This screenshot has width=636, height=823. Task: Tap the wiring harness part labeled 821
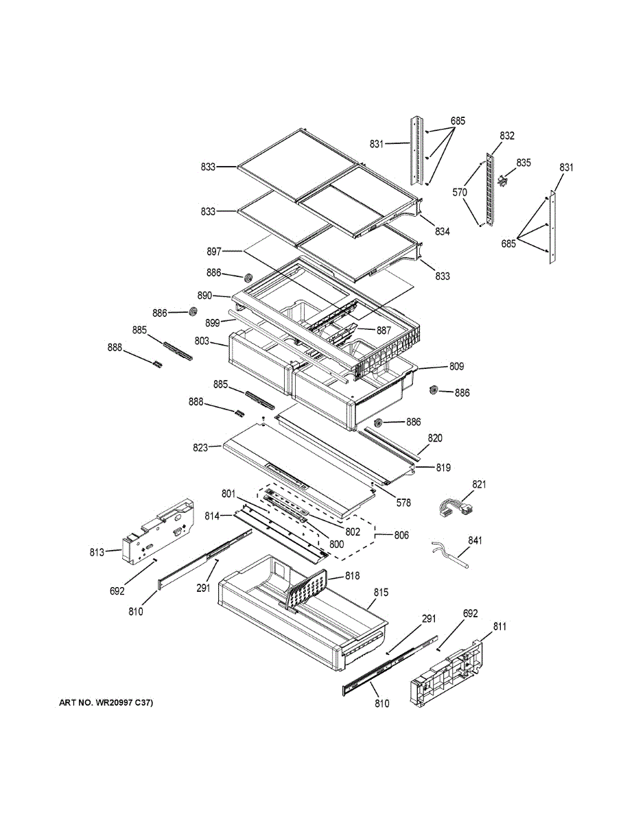pos(456,510)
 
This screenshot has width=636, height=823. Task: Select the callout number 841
pos(475,541)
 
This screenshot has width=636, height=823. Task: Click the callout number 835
pos(524,163)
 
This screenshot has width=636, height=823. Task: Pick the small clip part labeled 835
pos(503,181)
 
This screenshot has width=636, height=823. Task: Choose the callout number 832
pos(506,136)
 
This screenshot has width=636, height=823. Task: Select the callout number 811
pos(500,627)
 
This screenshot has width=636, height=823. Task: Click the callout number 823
pos(200,449)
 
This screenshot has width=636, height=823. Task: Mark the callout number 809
pos(457,367)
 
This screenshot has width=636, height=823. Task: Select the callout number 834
pos(442,232)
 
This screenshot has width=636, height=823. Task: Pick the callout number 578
pos(403,503)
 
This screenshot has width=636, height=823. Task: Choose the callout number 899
pos(213,321)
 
